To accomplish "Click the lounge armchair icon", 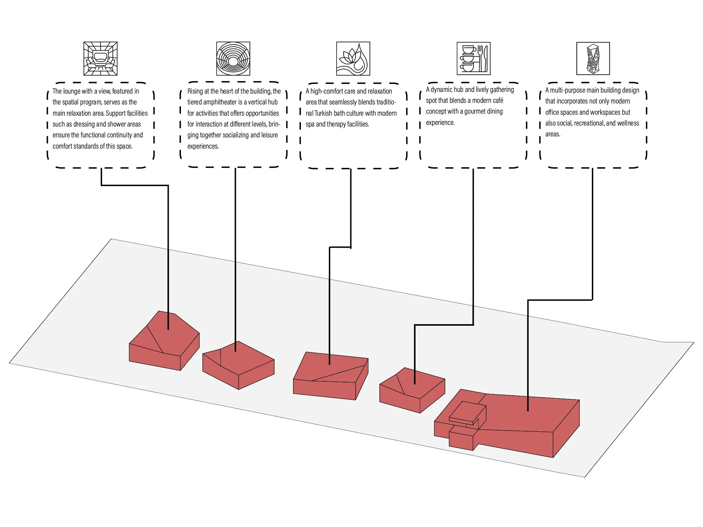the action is [x=101, y=59].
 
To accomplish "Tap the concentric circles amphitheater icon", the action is [x=233, y=59].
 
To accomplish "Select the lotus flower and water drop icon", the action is [x=353, y=59].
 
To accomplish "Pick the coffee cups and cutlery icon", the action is [x=473, y=59].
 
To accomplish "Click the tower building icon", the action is [x=593, y=59].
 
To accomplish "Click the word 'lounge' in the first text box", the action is [x=72, y=91].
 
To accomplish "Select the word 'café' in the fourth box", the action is [x=497, y=100].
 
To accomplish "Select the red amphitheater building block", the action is [x=238, y=365].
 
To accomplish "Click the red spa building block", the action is [x=331, y=376].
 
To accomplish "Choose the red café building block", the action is [x=412, y=390].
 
